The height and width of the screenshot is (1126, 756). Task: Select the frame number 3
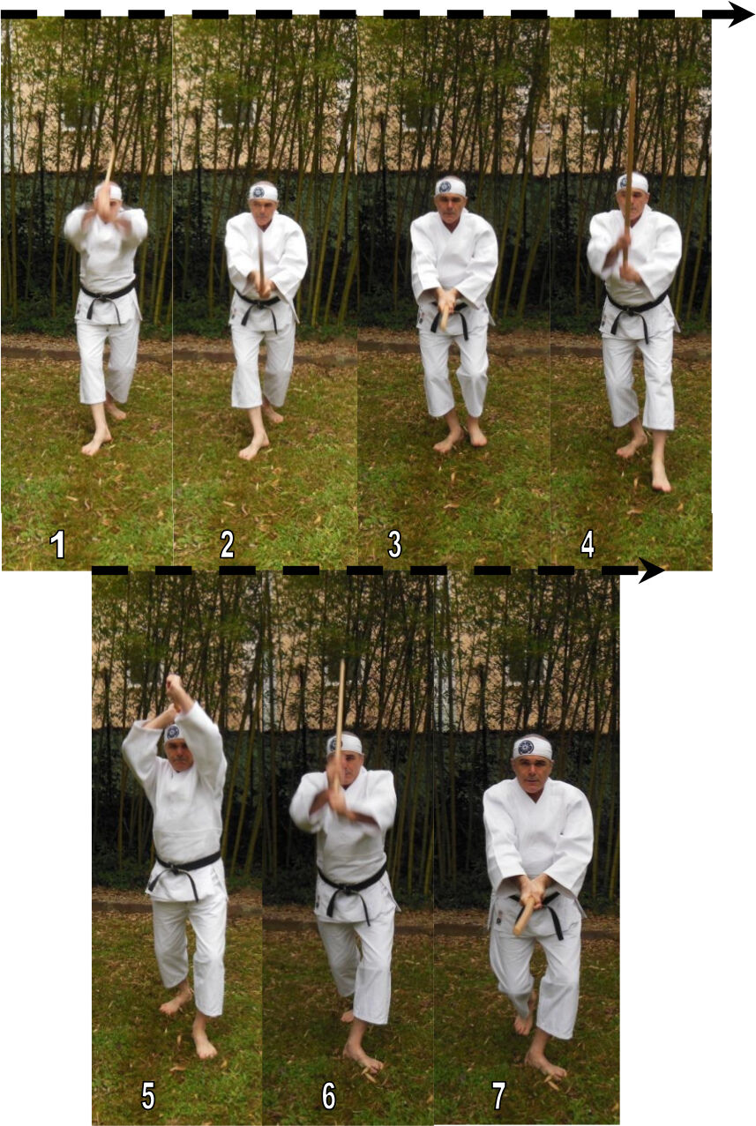[395, 544]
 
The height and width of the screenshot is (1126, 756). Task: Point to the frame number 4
[587, 544]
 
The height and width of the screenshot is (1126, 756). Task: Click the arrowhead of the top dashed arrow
[741, 13]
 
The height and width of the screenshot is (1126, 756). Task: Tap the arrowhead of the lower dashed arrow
[652, 571]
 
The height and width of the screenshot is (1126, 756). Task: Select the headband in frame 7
[532, 748]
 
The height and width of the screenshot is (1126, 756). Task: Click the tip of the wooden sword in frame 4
[632, 80]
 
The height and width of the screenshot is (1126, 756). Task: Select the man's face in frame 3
[451, 206]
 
